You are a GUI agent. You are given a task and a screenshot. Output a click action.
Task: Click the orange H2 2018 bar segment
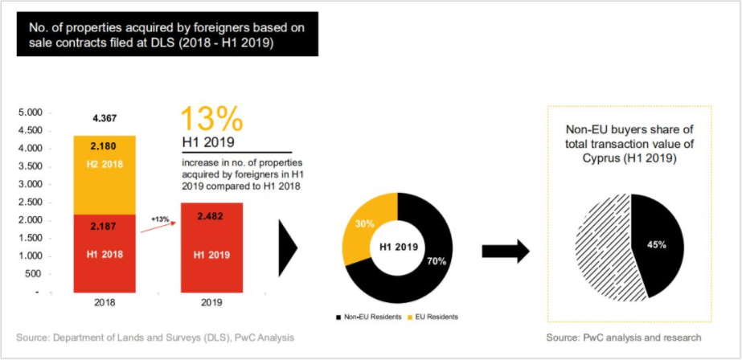point(105,174)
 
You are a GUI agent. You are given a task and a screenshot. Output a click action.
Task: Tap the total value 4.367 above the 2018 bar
point(105,118)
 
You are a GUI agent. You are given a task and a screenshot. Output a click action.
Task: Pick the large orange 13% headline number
point(211,119)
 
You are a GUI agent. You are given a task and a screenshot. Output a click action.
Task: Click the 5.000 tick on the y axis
point(29,112)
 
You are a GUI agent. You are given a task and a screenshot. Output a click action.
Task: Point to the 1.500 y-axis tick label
point(29,238)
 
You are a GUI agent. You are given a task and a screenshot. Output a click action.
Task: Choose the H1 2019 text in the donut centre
point(393,247)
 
